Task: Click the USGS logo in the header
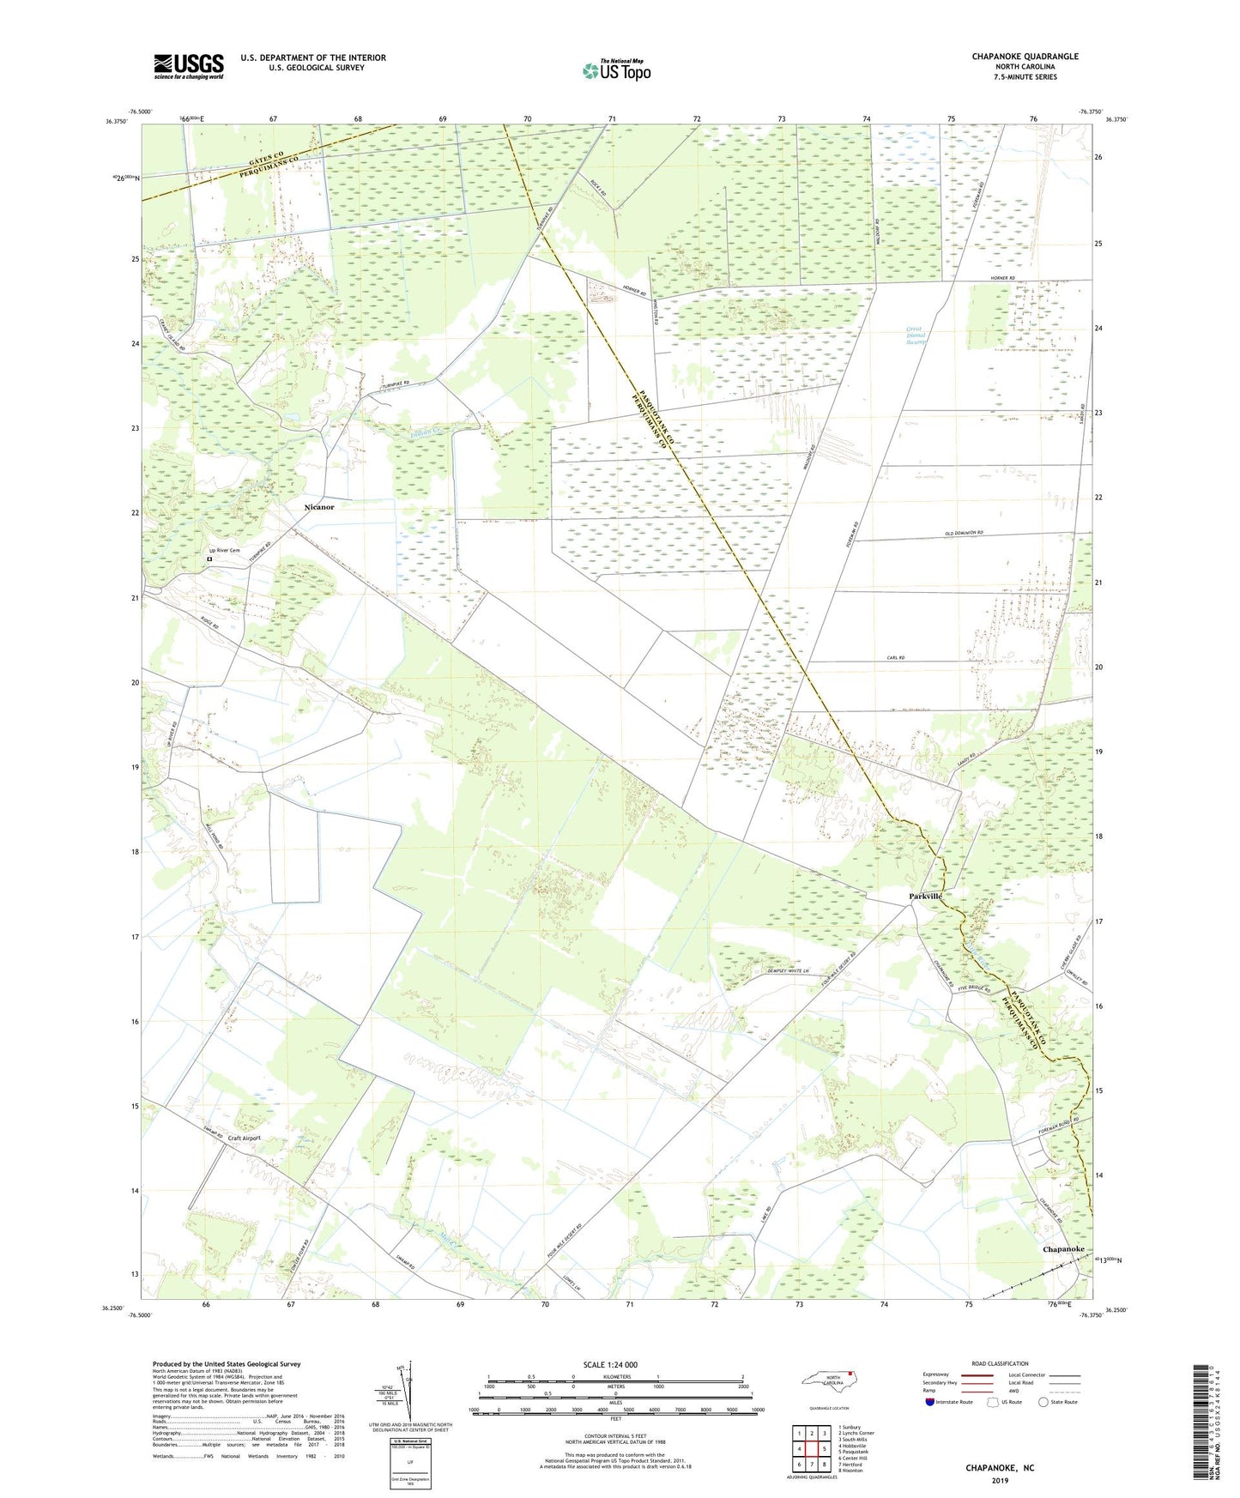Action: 189,66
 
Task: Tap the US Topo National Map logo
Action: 616,70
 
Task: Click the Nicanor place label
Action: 318,507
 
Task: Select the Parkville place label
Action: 926,896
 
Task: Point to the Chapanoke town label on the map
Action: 1063,1249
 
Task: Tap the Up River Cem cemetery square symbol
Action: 209,559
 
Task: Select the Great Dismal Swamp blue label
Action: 917,335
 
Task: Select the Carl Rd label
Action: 895,657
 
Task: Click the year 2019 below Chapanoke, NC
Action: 999,1480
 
